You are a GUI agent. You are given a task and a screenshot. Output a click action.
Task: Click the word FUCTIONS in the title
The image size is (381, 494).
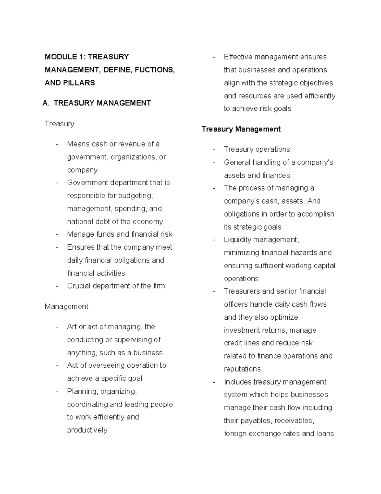click(155, 70)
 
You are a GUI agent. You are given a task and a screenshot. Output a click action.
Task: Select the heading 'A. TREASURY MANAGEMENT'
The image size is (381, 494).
click(97, 103)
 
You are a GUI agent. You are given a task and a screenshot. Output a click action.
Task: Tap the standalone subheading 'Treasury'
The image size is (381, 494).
click(59, 124)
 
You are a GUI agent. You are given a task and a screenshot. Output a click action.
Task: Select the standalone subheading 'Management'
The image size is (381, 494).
click(66, 307)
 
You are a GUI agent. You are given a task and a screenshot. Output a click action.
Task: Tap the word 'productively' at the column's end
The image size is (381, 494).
click(87, 430)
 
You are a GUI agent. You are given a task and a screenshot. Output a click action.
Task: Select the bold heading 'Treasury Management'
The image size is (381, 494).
click(241, 129)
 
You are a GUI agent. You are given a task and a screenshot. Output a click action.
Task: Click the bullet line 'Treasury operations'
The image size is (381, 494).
click(257, 150)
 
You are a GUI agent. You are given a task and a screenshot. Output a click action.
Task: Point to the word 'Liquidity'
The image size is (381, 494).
click(237, 240)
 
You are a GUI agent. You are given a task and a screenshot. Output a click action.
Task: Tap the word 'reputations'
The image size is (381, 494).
click(242, 369)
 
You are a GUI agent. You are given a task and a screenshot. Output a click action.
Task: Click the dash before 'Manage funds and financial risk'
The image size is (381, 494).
click(57, 235)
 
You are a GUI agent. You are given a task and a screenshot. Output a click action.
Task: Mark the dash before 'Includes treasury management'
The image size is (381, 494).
click(214, 382)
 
